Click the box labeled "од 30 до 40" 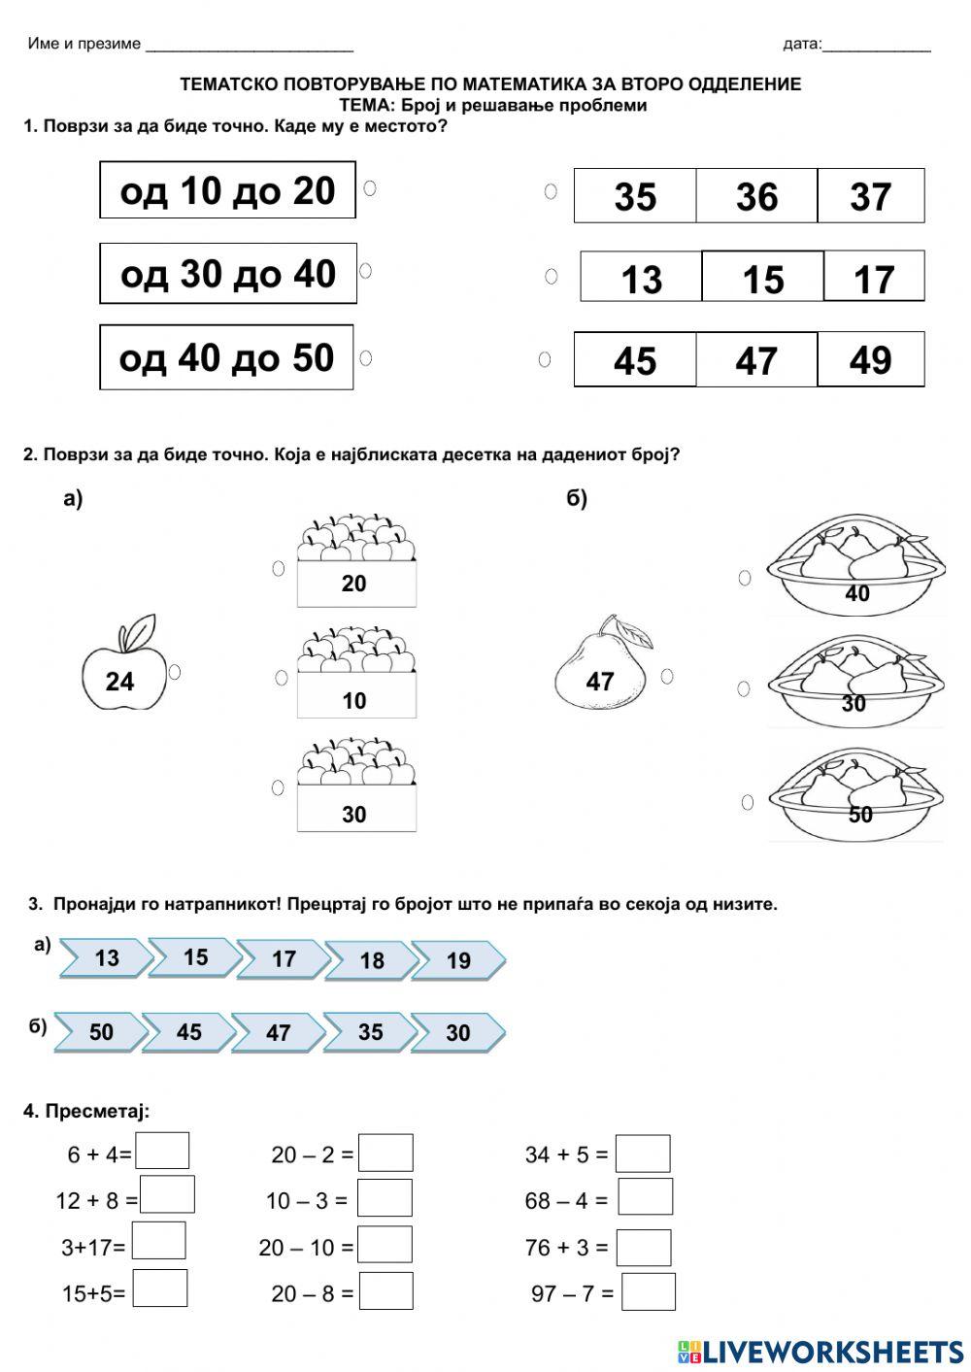(228, 274)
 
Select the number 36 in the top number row (756, 196)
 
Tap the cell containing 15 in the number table (762, 279)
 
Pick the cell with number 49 (870, 360)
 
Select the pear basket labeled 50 (855, 793)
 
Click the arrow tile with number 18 (372, 960)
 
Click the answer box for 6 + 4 (162, 1152)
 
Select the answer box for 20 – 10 (385, 1245)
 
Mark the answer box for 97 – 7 (648, 1292)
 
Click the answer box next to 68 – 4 (645, 1198)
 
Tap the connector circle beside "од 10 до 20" (370, 188)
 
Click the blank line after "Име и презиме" (249, 45)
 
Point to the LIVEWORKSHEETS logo (820, 1351)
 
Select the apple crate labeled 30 (355, 787)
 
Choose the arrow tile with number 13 (106, 958)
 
